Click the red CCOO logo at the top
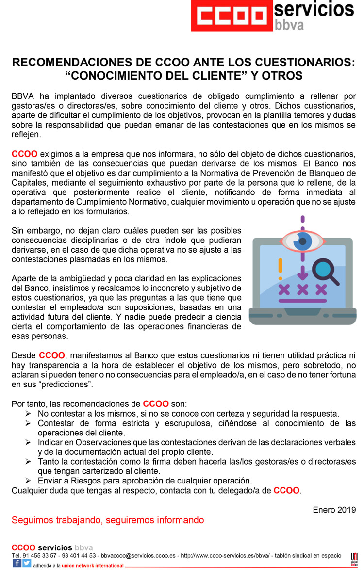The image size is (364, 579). click(x=231, y=16)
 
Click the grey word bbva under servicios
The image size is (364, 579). click(x=290, y=25)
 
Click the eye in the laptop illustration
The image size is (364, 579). click(x=303, y=241)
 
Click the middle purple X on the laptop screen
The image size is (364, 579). click(x=302, y=289)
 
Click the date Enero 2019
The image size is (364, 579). click(x=334, y=510)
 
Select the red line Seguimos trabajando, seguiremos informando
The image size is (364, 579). click(x=108, y=520)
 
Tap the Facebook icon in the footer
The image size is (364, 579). click(x=17, y=563)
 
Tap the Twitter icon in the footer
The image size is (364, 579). click(x=27, y=563)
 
